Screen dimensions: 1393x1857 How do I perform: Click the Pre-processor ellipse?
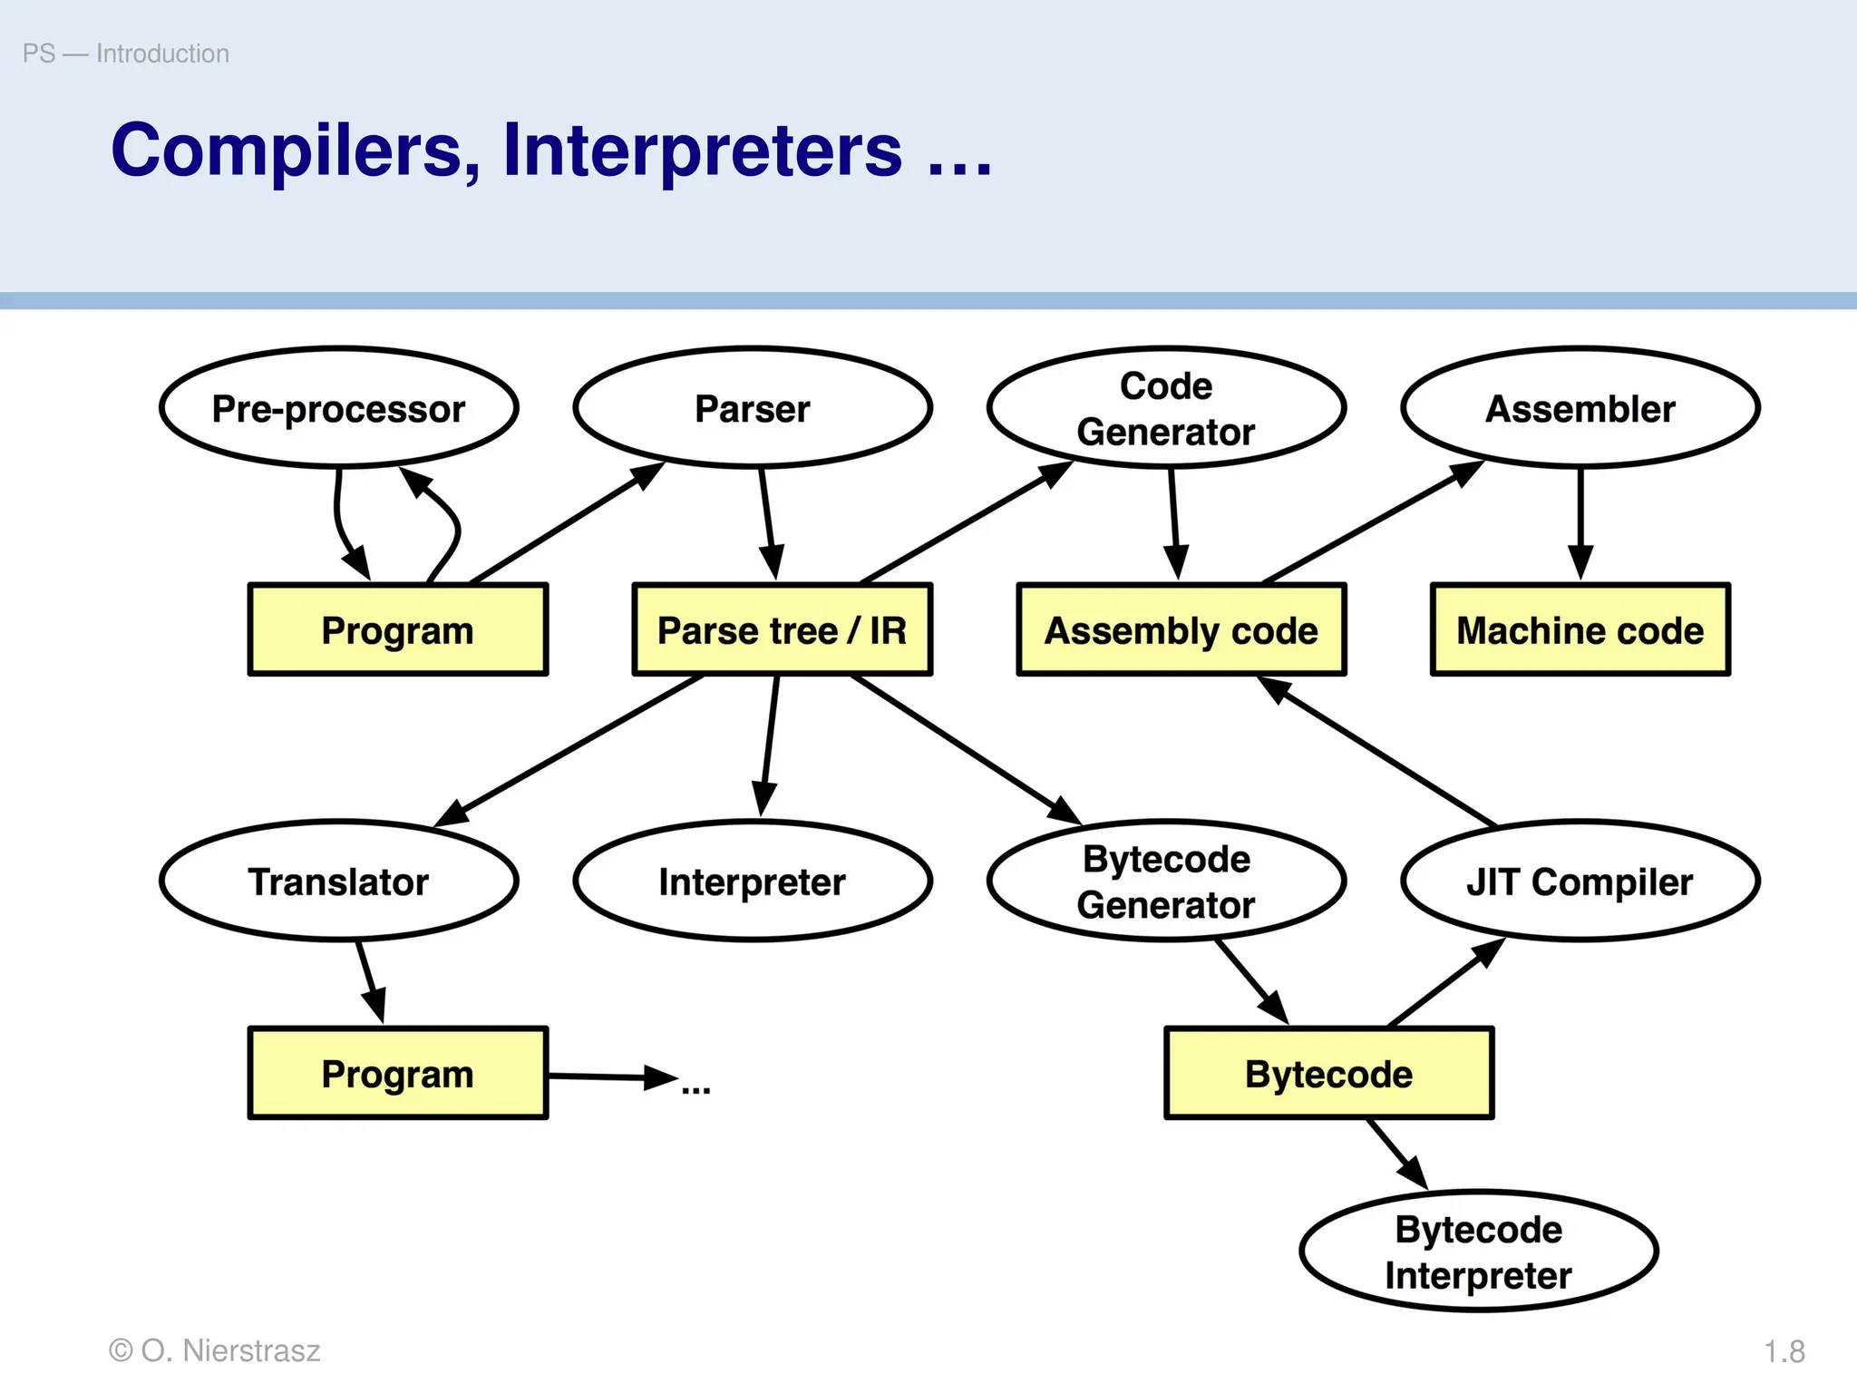pyautogui.click(x=339, y=408)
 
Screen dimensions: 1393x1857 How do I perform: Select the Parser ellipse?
pyautogui.click(x=753, y=408)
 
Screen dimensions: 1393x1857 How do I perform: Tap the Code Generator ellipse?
pyautogui.click(x=1166, y=408)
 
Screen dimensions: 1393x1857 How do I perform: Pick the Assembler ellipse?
pyautogui.click(x=1580, y=408)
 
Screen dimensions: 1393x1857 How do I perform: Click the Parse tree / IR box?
pyautogui.click(x=782, y=630)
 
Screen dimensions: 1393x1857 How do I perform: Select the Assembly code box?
pyautogui.click(x=1181, y=630)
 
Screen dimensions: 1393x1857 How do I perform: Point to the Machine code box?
pyautogui.click(x=1580, y=630)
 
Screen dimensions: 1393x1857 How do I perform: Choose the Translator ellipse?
pyautogui.click(x=339, y=882)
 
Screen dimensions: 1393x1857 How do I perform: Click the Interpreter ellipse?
pyautogui.click(x=753, y=882)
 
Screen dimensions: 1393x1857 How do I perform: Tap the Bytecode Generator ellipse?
pyautogui.click(x=1166, y=882)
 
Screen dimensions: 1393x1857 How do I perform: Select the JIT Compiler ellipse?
pyautogui.click(x=1580, y=882)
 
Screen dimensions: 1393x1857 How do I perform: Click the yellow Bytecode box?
pyautogui.click(x=1328, y=1074)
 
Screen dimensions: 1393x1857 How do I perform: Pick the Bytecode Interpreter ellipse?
pyautogui.click(x=1478, y=1252)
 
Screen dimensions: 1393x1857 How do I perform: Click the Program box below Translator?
pyautogui.click(x=397, y=1074)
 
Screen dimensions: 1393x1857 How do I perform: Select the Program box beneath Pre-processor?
pyautogui.click(x=397, y=630)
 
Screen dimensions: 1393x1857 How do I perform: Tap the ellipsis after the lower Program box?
pyautogui.click(x=695, y=1088)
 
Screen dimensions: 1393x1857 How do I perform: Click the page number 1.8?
pyautogui.click(x=1784, y=1351)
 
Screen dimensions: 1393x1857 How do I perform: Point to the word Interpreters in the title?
pyautogui.click(x=703, y=151)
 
